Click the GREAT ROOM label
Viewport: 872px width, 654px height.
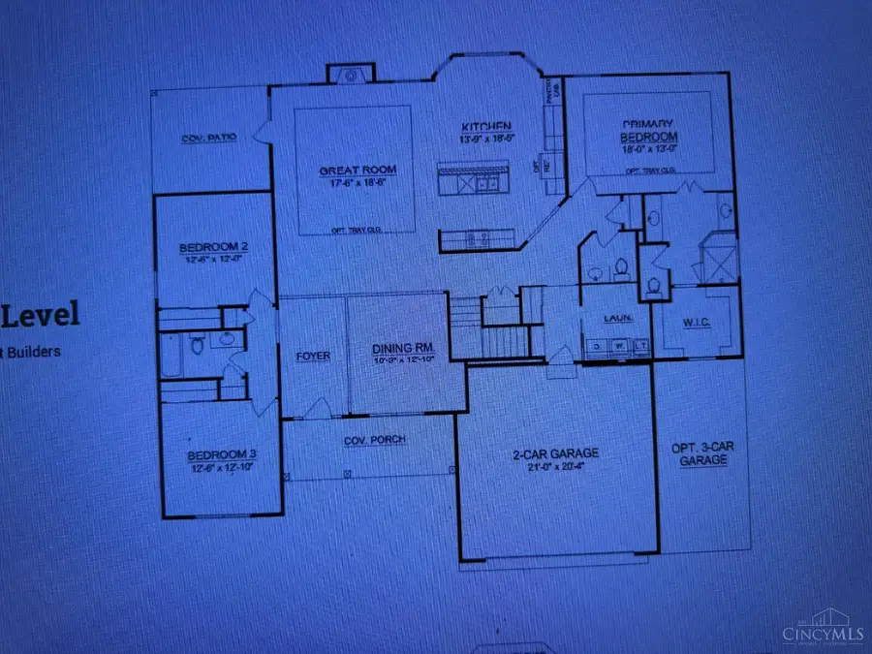(351, 171)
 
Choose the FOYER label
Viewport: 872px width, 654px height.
(312, 356)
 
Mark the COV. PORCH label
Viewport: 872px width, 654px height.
(374, 440)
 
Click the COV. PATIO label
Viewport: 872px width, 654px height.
(209, 139)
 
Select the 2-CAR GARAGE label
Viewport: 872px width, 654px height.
(555, 452)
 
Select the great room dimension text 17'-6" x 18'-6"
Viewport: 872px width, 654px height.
(351, 182)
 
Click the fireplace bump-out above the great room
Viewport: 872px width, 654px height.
(347, 75)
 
